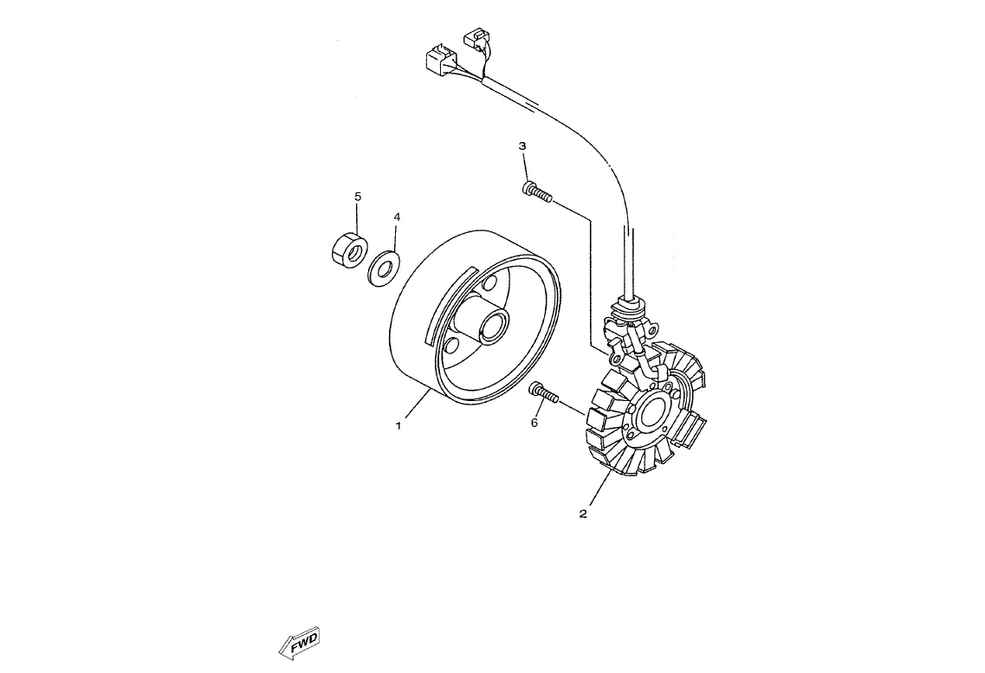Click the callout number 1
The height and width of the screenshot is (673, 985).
(399, 425)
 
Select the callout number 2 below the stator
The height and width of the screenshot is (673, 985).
(583, 514)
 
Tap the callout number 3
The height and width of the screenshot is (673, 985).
(522, 146)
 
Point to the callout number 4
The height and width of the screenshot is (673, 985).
(397, 217)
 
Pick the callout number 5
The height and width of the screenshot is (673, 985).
(358, 197)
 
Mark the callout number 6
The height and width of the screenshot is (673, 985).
(535, 423)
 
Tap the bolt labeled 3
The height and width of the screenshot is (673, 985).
(537, 191)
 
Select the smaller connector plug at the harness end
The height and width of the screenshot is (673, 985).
(477, 38)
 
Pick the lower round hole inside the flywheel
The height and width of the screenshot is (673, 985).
(450, 347)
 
